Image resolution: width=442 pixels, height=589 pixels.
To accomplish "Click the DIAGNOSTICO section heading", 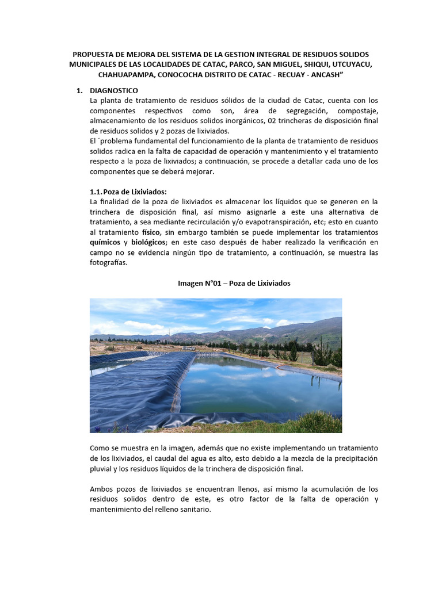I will click(114, 90).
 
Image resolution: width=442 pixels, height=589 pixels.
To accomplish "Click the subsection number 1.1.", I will click(97, 192).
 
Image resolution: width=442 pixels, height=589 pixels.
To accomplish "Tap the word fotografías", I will click(108, 262).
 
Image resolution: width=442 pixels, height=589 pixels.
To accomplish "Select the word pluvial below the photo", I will click(102, 468).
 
